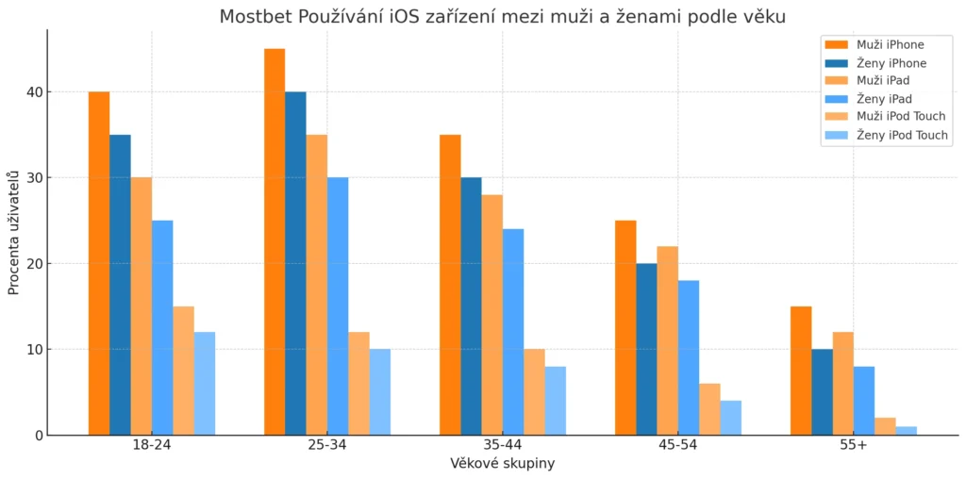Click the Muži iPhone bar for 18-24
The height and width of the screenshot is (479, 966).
click(x=99, y=263)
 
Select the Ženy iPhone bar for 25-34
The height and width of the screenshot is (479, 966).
click(x=295, y=263)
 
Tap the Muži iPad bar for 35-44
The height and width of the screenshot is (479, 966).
click(x=491, y=315)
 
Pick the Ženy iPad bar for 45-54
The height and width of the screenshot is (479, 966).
click(x=688, y=357)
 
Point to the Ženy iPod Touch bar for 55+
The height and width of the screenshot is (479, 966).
click(x=906, y=431)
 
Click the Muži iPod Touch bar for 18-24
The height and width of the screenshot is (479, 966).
click(x=183, y=371)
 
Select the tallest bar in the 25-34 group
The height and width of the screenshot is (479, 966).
click(x=275, y=241)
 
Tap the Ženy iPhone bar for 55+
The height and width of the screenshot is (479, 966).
click(x=822, y=392)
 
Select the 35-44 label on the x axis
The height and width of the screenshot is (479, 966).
click(x=502, y=444)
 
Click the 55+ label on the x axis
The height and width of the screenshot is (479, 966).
click(x=853, y=444)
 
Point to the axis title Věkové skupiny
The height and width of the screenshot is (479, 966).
click(x=502, y=463)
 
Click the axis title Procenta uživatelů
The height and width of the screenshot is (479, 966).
click(x=14, y=233)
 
